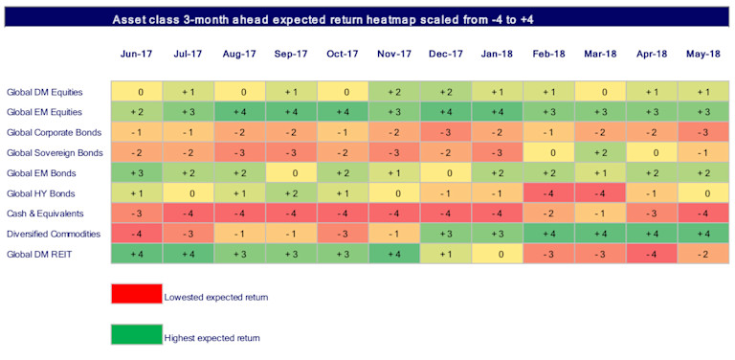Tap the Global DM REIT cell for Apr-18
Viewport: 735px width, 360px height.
click(651, 253)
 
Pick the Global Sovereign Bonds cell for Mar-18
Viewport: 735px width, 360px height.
click(599, 152)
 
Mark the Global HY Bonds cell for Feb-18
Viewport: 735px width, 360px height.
click(548, 192)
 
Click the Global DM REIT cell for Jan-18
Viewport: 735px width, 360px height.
click(497, 253)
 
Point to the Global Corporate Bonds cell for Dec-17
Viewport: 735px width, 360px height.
click(445, 132)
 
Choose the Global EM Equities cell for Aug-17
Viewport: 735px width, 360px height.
click(242, 112)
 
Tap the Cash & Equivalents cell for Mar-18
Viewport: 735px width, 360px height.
click(599, 213)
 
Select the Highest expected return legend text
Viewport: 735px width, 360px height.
click(212, 337)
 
